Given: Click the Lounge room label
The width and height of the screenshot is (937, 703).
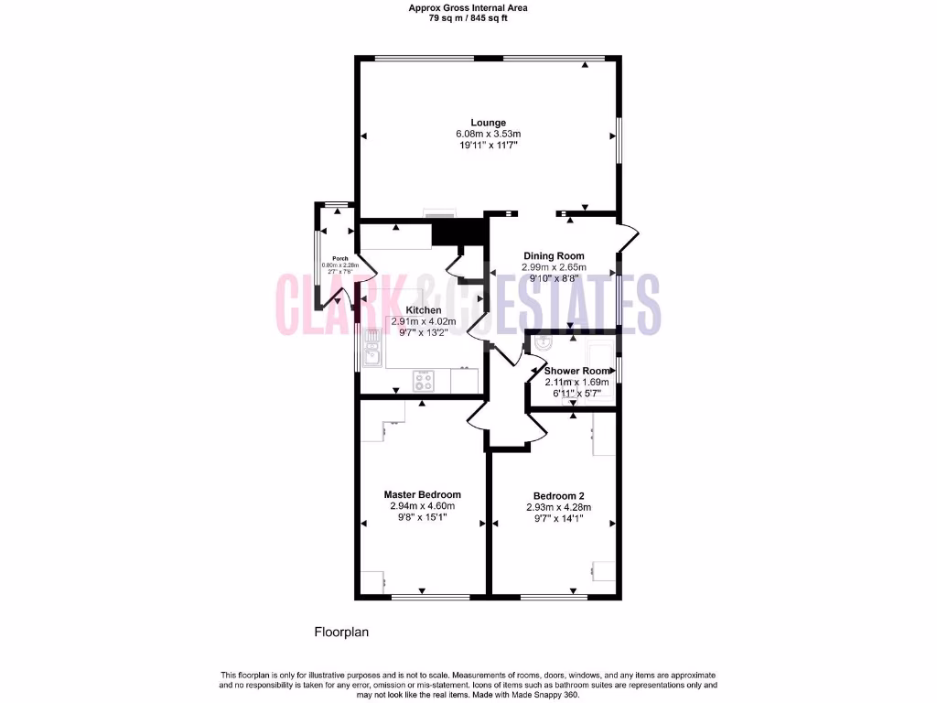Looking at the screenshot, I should pos(488,123).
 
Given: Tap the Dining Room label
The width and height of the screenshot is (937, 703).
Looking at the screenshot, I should pos(554,256).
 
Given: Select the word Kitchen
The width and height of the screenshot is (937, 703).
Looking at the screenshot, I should pos(423,310).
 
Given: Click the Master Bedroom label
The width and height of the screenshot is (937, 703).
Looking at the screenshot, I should pos(422,494).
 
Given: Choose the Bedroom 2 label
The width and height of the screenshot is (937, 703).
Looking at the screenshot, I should pos(558,496).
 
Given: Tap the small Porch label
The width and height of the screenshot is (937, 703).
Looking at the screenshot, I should pos(339,258).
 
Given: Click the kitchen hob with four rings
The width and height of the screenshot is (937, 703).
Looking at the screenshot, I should pos(425,378).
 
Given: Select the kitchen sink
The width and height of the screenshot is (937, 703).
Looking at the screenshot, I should pos(372,349).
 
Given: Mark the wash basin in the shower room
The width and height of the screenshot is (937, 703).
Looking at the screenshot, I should pos(542,345).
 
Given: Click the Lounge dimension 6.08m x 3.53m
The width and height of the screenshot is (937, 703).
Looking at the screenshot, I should pos(488,135).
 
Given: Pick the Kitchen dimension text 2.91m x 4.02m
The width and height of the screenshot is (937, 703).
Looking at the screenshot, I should pos(423,322).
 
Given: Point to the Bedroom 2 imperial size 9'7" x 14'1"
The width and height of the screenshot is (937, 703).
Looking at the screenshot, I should pos(558,519).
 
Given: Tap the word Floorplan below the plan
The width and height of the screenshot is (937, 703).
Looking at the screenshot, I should pos(341,632).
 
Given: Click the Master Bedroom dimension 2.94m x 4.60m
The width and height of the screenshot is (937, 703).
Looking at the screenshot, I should pos(422,506).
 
